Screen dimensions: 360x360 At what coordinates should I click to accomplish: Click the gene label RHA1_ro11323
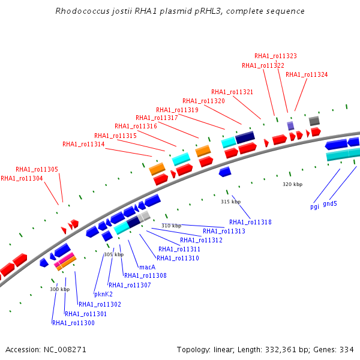275,56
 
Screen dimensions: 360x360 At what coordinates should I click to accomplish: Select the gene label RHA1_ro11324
307,74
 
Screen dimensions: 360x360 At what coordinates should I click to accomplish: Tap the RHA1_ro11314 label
83,144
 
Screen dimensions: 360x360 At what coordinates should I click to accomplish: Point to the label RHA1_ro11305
37,169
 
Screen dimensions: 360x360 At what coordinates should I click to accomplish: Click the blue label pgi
314,206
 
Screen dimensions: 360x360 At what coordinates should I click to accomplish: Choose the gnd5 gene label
330,203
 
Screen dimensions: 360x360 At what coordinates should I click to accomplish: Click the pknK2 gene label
103,294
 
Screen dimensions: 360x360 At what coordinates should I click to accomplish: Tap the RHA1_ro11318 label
250,222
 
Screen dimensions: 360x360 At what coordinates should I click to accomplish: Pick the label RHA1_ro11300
73,323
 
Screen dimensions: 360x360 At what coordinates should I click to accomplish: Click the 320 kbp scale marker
292,184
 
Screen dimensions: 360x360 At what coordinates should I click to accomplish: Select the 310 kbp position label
171,226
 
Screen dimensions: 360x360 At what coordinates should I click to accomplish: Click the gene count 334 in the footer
347,349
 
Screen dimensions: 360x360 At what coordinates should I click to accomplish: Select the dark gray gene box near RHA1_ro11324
314,121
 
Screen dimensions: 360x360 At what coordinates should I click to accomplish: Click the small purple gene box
290,125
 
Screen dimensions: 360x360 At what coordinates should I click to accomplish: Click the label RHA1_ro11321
232,92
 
